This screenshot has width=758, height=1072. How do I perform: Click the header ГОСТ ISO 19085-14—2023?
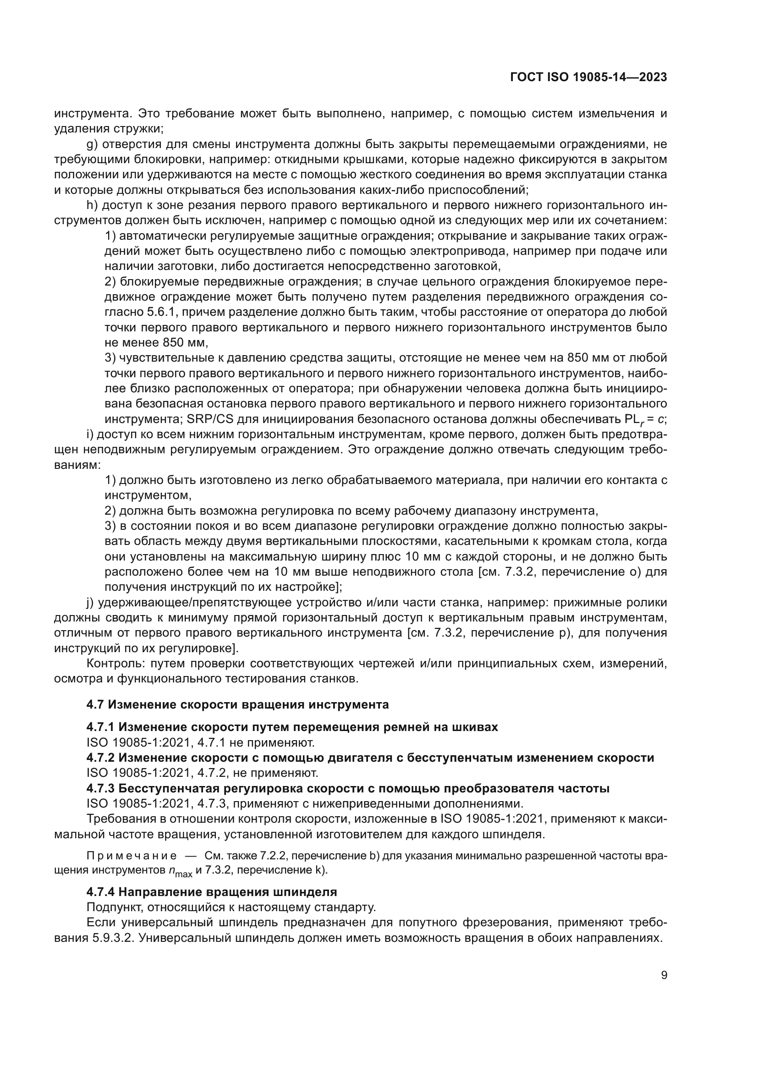(x=588, y=77)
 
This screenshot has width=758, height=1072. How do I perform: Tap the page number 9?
(x=664, y=975)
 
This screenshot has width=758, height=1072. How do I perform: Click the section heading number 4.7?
(x=96, y=704)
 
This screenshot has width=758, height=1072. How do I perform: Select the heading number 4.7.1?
(x=101, y=727)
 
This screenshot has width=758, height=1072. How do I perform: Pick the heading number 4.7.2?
(x=101, y=757)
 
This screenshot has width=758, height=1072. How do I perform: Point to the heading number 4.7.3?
(x=101, y=788)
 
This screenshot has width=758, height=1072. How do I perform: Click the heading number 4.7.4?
(x=101, y=892)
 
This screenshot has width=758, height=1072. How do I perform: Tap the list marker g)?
(x=92, y=144)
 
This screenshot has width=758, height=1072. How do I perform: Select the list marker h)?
(x=92, y=205)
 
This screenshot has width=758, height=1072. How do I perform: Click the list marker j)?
(x=91, y=602)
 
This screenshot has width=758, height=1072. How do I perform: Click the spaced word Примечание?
(x=132, y=856)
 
